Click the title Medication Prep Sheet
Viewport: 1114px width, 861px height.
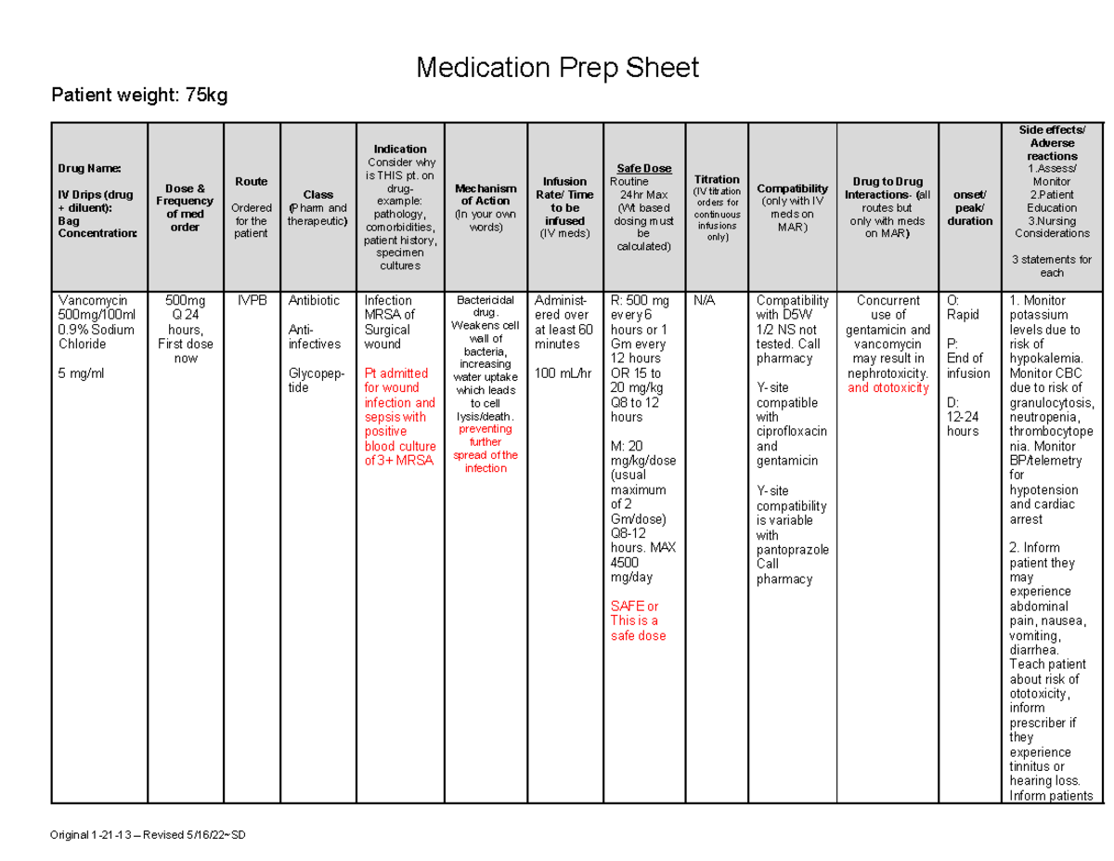click(557, 68)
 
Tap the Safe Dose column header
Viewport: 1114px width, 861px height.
click(643, 168)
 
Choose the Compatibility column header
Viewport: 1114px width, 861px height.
click(792, 189)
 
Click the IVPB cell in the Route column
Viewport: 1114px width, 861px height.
click(251, 301)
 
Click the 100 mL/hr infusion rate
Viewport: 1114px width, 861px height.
click(561, 373)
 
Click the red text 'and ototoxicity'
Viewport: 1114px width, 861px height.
click(887, 388)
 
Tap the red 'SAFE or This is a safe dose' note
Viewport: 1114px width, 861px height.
click(637, 620)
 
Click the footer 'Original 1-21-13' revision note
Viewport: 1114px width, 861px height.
click(149, 835)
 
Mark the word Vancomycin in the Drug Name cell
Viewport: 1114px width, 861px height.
click(92, 301)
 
